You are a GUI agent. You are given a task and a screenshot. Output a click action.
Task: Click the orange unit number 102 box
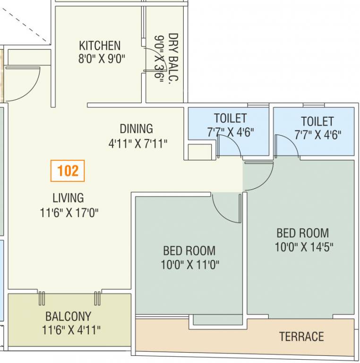tap(68, 171)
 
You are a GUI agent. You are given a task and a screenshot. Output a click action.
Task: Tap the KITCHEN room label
tap(100, 46)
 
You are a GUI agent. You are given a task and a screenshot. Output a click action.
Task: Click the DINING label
tap(136, 129)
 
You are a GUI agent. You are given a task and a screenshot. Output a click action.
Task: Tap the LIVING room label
tap(68, 198)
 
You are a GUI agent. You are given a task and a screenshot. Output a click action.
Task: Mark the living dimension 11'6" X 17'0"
tap(69, 213)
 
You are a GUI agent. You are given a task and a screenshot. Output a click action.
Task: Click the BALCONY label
tap(69, 316)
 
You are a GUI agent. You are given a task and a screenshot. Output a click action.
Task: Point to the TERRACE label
tap(301, 337)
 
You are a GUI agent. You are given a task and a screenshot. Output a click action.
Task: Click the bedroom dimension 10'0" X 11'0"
tap(190, 265)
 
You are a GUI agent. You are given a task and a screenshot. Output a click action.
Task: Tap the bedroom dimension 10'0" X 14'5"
tap(304, 247)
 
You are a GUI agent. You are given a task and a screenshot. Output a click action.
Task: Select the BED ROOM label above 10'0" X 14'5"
tap(302, 233)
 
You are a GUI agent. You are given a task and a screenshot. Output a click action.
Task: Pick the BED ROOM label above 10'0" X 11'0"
tap(189, 251)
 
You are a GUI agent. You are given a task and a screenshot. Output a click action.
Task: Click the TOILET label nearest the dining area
tap(230, 118)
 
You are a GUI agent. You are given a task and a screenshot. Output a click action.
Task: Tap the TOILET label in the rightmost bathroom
tap(317, 121)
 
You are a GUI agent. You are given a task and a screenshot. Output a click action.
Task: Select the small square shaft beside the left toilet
tap(200, 152)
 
